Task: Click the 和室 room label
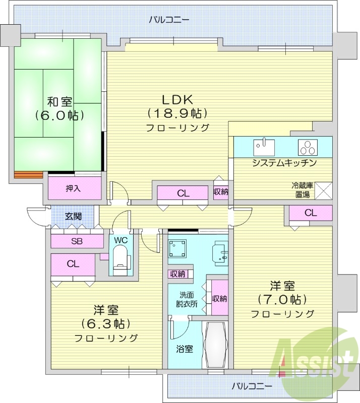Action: [59, 100]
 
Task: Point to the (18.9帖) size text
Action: [177, 113]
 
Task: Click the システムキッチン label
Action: [284, 163]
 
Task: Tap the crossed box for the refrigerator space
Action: [324, 190]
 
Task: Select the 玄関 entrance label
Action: [73, 217]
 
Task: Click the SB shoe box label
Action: [77, 241]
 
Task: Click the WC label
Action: [120, 240]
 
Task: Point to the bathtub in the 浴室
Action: [216, 345]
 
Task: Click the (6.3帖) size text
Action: [105, 323]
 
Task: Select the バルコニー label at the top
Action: [169, 20]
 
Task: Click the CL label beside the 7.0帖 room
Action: [311, 213]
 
